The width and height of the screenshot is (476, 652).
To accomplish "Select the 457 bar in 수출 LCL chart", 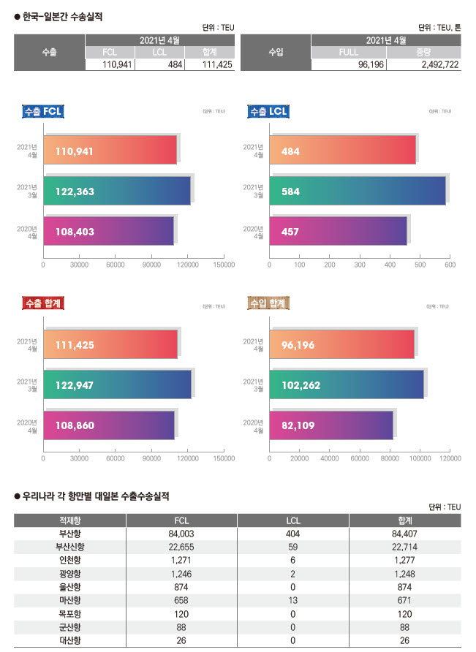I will [338, 231].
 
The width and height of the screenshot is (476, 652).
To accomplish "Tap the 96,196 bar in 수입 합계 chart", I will [342, 344].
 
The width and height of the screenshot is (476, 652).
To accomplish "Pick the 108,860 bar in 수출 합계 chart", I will [109, 425].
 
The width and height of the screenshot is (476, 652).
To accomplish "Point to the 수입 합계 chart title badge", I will [268, 303].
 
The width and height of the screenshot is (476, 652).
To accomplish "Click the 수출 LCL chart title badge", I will [268, 111].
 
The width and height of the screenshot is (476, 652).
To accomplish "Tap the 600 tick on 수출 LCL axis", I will [450, 265].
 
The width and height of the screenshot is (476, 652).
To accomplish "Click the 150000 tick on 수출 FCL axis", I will [224, 265].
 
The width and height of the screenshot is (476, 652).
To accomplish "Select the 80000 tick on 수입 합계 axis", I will [390, 458].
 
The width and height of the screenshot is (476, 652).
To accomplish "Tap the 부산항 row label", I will [70, 534].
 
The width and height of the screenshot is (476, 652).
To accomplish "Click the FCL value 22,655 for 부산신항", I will [181, 547].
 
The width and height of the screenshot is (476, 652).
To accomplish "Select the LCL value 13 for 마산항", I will [292, 599].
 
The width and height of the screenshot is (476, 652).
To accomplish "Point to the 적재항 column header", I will [70, 520].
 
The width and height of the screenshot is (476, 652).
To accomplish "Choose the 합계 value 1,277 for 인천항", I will [404, 560].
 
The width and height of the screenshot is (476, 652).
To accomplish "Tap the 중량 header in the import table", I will [423, 53].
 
